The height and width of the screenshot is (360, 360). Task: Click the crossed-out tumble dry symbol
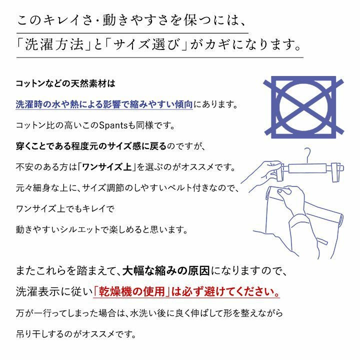[303, 107]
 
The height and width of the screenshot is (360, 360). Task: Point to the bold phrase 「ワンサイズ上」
[107, 167]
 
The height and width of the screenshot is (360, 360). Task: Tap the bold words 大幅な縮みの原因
[166, 271]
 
